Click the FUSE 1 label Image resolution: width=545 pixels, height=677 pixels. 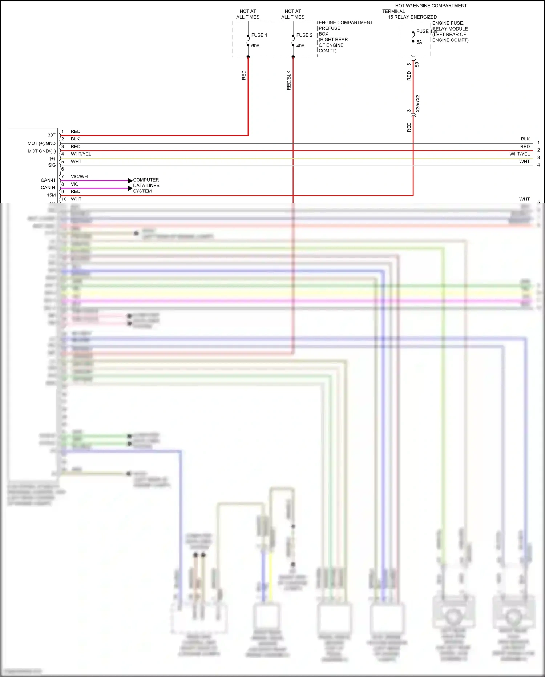[259, 35]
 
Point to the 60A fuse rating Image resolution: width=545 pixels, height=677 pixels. [255, 46]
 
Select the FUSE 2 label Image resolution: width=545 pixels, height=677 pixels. [304, 35]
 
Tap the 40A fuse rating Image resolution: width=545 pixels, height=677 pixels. [300, 46]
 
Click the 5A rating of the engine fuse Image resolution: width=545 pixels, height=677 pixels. [419, 42]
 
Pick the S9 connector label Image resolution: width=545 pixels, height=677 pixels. [417, 64]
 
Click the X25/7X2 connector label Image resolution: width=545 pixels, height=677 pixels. [418, 103]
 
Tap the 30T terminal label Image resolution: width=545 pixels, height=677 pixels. [52, 135]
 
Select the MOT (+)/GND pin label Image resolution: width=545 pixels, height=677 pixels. [41, 143]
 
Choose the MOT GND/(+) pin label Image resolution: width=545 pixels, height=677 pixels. [41, 151]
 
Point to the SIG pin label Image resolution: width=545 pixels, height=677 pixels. [52, 165]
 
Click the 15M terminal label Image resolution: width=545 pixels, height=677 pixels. [51, 195]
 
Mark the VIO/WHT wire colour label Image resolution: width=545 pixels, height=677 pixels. [80, 176]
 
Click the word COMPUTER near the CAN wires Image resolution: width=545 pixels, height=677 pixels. [146, 180]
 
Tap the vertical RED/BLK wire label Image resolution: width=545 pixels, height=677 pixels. [289, 80]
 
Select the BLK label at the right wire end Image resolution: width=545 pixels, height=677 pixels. [525, 139]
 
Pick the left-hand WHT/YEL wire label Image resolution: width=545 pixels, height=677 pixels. [81, 154]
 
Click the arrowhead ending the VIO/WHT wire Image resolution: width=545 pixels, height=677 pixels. [130, 180]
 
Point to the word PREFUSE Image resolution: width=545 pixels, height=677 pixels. [330, 28]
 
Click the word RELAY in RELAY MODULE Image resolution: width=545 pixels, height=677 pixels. [440, 29]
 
